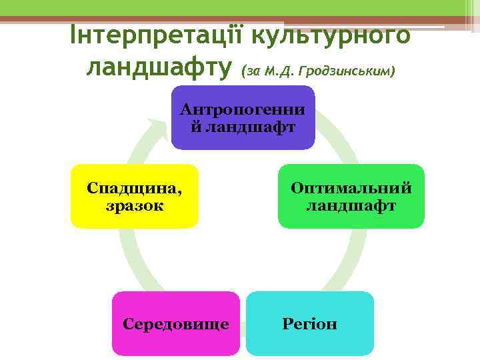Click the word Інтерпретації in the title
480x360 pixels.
[155, 35]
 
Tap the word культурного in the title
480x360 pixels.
[328, 35]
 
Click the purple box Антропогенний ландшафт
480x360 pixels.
[243, 117]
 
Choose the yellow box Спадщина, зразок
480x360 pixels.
[135, 196]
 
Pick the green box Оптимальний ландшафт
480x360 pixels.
[351, 196]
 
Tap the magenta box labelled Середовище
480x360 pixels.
[176, 324]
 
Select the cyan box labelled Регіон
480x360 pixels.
[309, 324]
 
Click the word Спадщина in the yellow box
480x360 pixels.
[135, 188]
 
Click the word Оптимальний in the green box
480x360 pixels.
[351, 188]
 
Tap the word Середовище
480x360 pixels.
[176, 325]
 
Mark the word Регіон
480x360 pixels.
[309, 325]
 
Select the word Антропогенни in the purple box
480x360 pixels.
[243, 109]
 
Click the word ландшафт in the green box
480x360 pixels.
[351, 205]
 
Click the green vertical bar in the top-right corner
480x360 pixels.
[466, 10]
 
